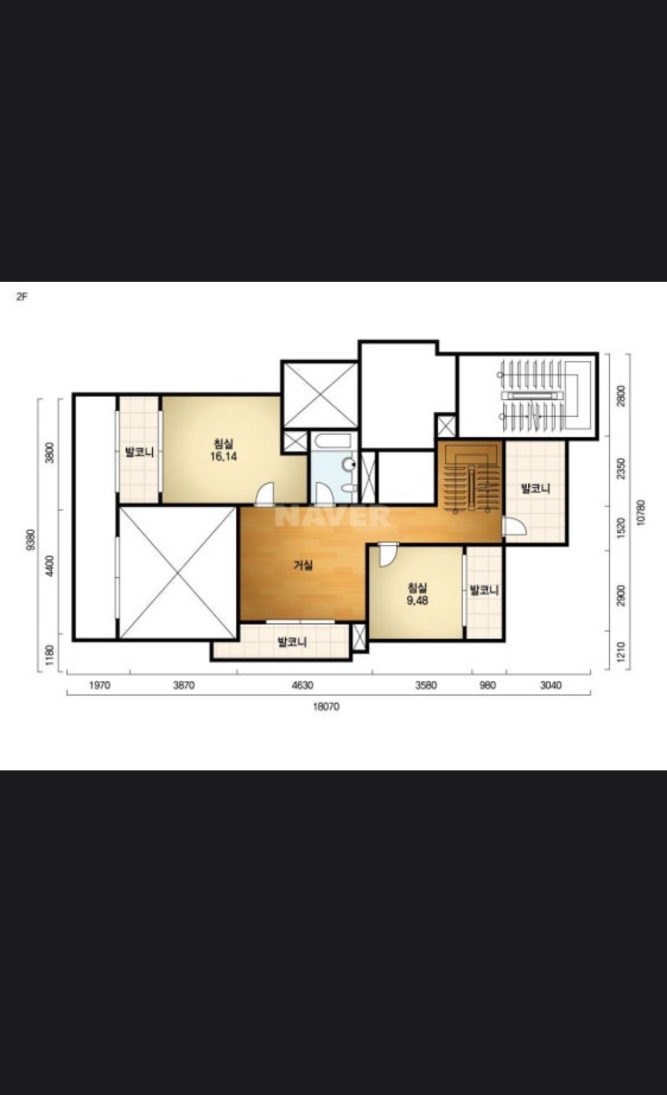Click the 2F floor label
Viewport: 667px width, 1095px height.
[22, 297]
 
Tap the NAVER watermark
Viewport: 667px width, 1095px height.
[333, 516]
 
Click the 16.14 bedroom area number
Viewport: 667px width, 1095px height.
[224, 456]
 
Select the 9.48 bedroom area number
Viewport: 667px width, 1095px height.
[417, 601]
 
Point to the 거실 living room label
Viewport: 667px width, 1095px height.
[303, 565]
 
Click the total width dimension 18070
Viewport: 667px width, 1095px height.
[326, 707]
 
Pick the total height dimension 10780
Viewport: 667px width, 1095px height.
[640, 512]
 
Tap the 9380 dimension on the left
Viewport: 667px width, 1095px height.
[31, 540]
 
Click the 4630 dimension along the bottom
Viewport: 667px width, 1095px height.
[302, 686]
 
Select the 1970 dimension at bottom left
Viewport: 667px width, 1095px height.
[99, 686]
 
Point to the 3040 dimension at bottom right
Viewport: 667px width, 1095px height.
[551, 686]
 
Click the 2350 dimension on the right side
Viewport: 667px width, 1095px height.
[621, 469]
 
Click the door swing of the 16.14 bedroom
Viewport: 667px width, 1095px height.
[264, 494]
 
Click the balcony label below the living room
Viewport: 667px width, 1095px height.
[292, 642]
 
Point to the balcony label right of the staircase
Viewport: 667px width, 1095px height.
[536, 489]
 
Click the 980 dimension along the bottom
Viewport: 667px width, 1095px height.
[488, 686]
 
